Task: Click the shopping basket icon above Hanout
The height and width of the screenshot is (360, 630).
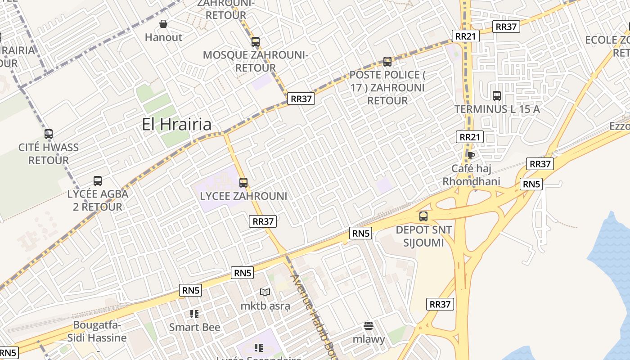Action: click(163, 24)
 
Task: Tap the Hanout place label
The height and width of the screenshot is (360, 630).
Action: click(163, 37)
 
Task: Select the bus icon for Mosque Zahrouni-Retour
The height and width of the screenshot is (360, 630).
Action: click(256, 42)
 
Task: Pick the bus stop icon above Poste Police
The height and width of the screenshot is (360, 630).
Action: click(387, 62)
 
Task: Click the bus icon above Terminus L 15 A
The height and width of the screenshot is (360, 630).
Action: click(497, 96)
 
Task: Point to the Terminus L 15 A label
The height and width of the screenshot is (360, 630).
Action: click(497, 109)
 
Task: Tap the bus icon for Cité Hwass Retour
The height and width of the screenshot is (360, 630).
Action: click(49, 134)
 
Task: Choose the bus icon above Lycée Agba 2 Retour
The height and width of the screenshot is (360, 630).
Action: click(98, 181)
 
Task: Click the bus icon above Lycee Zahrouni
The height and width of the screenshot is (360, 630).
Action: click(243, 183)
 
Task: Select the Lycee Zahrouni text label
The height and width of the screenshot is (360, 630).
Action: click(243, 196)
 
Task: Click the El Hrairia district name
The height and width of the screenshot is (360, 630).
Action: click(176, 125)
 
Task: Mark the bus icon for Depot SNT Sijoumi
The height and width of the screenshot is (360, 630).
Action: click(423, 216)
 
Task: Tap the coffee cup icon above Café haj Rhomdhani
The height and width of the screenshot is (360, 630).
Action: click(471, 156)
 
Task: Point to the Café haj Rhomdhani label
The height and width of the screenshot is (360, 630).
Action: click(471, 175)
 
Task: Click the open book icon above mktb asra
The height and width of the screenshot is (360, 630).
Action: click(265, 292)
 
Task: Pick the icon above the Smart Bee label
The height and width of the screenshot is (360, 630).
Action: click(194, 314)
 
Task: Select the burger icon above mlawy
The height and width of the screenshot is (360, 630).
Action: click(369, 325)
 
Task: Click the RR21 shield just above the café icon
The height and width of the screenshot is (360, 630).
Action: click(470, 137)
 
